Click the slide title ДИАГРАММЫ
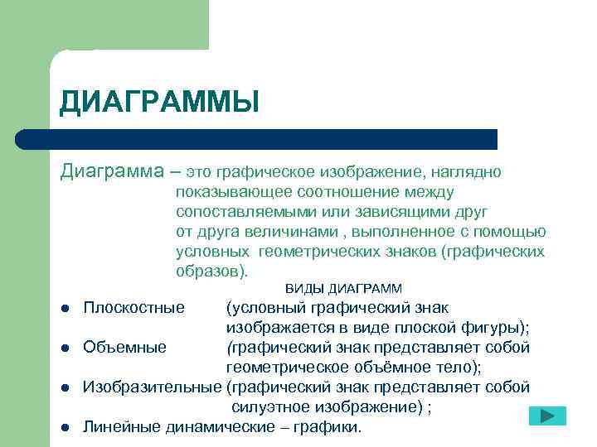click(159, 103)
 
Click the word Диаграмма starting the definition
click(112, 172)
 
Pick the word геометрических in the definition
click(311, 251)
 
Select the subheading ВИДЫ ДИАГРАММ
click(343, 289)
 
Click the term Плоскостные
click(133, 308)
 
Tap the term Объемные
click(124, 347)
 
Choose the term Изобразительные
click(153, 387)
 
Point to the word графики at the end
click(330, 427)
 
